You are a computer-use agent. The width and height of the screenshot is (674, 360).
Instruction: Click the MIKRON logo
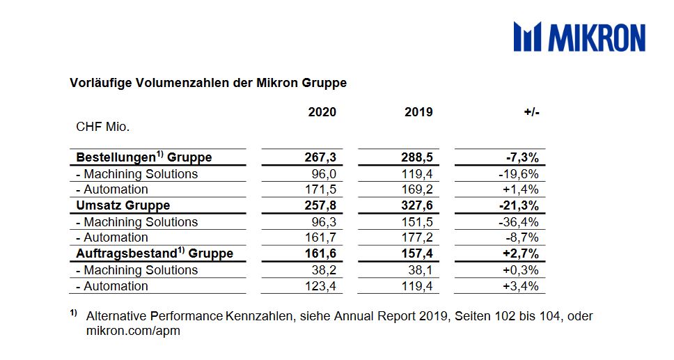579,37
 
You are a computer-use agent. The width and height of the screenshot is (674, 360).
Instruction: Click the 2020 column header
322,112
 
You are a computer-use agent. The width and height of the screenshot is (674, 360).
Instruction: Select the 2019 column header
418,112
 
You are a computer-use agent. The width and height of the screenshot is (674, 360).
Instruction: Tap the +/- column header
531,112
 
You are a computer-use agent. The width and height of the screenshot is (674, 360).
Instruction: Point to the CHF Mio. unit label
103,127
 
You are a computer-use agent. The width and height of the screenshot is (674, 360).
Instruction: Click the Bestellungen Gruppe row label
144,157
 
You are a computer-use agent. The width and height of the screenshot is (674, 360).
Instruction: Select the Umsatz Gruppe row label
123,205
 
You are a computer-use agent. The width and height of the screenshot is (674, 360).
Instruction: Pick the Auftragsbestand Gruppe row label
155,253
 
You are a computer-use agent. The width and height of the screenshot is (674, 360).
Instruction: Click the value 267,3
320,157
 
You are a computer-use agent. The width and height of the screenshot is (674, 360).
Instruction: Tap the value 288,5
417,157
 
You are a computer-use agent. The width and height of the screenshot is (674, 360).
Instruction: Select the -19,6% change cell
519,174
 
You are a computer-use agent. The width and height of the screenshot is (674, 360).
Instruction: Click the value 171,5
320,189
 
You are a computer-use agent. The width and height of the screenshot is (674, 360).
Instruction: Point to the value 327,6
417,205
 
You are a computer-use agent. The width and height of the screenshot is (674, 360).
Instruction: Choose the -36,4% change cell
519,222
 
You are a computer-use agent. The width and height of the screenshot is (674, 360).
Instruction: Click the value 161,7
320,237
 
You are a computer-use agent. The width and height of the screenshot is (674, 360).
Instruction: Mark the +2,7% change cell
521,253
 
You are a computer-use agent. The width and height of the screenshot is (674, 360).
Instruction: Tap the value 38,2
324,269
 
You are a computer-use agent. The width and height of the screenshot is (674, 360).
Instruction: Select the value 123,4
320,286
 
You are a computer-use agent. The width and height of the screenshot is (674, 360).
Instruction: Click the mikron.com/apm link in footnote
133,331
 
